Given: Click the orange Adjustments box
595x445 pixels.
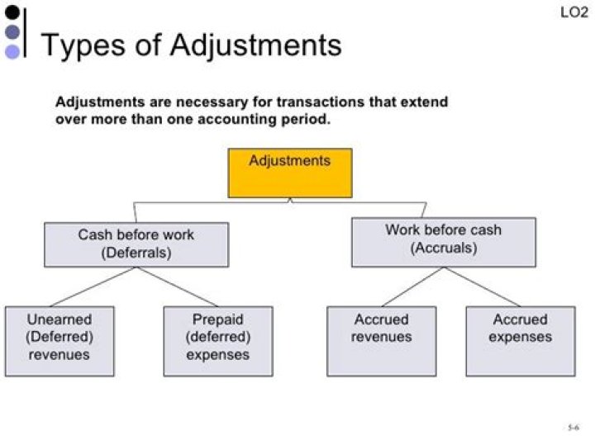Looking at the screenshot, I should [x=289, y=173].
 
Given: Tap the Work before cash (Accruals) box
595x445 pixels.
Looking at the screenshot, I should [x=443, y=241].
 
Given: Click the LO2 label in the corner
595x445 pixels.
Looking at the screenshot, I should [x=574, y=13].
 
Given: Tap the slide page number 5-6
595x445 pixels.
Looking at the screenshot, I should [x=573, y=427].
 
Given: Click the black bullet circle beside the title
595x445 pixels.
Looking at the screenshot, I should [x=12, y=12].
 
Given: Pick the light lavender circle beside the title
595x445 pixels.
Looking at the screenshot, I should [x=12, y=51].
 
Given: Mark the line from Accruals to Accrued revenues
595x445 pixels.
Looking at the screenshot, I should [x=412, y=286].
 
